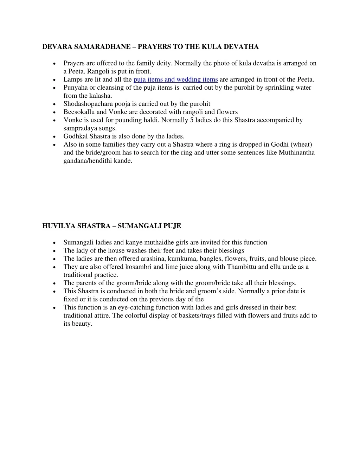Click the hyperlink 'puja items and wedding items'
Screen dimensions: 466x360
point(176,79)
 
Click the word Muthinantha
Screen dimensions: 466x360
point(297,153)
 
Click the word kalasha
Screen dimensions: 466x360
point(101,96)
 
